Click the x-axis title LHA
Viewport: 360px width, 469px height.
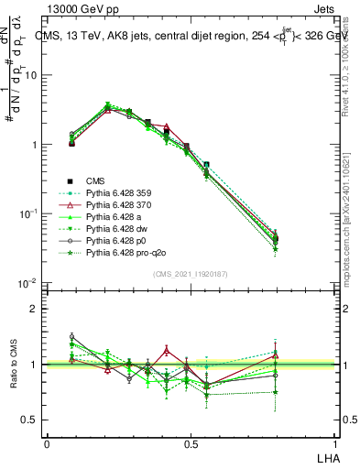tap(327, 457)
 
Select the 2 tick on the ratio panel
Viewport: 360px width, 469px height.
tap(36, 309)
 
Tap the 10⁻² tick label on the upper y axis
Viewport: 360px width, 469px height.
tap(30, 283)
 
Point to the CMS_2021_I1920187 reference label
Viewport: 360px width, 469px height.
tap(191, 273)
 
